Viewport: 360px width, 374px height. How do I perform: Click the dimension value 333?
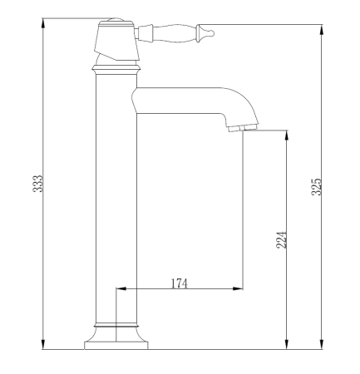37,184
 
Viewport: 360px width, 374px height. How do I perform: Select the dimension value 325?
316,187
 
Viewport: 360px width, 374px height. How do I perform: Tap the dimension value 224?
281,240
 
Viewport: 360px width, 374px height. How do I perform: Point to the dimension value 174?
179,283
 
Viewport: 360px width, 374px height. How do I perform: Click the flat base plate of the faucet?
116,346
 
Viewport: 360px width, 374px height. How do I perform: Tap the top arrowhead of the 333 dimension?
43,23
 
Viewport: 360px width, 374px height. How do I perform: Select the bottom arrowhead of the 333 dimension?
43,344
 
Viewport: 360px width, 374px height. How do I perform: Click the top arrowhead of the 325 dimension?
322,30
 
